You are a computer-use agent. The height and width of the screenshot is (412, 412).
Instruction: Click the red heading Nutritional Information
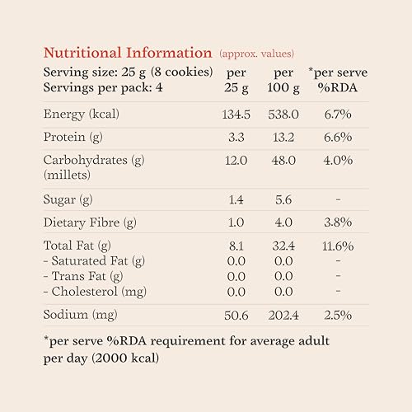coord(128,53)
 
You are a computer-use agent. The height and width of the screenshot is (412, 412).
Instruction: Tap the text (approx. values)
coord(257,54)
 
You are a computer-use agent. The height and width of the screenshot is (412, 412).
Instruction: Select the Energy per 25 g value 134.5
coord(236,115)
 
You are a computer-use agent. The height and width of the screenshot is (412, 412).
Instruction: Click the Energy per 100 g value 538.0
coord(283,115)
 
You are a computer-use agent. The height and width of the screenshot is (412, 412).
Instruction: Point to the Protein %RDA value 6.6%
coord(338,137)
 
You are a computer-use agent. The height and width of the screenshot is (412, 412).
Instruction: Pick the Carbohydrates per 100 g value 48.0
coord(283,160)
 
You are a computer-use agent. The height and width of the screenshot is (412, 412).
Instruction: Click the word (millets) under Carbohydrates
coord(67,175)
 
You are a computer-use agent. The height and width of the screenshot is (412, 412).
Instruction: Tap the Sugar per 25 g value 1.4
coord(236,199)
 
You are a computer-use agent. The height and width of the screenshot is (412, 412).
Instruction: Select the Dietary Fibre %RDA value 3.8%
coord(338,222)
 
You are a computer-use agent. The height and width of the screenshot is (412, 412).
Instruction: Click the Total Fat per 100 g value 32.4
coord(283,246)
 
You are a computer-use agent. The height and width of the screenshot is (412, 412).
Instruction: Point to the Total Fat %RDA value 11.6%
coord(338,246)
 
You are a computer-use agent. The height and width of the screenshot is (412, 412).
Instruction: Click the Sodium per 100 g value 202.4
coord(283,316)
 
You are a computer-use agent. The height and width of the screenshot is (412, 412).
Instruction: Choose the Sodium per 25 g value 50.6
coord(236,316)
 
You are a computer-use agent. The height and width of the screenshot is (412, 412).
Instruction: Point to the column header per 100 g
coord(283,80)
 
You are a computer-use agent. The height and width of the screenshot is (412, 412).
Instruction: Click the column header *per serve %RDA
coord(338,80)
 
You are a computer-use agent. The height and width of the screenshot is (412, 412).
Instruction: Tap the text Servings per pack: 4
coord(103,88)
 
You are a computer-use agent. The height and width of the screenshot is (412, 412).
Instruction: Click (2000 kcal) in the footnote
coord(125,358)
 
